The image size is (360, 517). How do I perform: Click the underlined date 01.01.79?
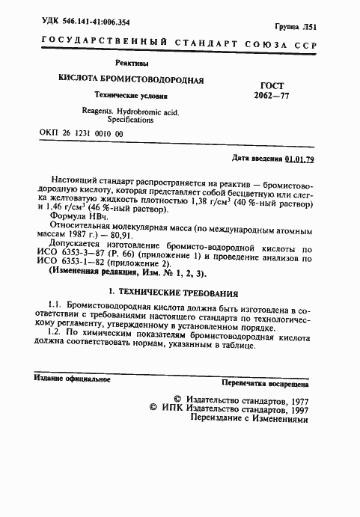[x=299, y=160]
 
